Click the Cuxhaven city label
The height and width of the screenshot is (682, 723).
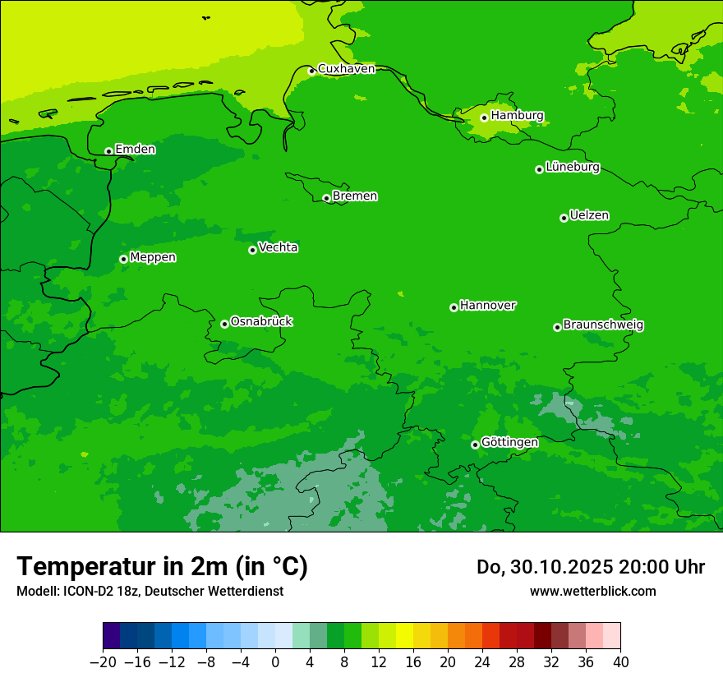tap(346, 69)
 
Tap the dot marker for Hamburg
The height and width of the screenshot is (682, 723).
tap(484, 118)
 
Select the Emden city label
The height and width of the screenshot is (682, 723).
tap(135, 150)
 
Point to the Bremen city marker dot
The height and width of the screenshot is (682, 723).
tap(326, 198)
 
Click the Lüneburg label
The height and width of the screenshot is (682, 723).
tap(573, 168)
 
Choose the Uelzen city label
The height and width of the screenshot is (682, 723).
tap(589, 216)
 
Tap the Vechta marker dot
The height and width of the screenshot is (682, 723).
tap(252, 250)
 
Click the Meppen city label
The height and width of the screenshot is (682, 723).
tap(153, 258)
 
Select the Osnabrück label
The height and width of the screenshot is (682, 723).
tap(261, 322)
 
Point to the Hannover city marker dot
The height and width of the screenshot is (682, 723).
tap(454, 307)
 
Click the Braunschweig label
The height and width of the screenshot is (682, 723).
tap(603, 325)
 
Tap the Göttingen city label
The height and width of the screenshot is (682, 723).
tap(509, 443)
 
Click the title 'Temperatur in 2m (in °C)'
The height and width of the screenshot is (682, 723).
tap(162, 567)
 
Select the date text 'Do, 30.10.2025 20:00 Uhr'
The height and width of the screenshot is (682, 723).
tap(590, 567)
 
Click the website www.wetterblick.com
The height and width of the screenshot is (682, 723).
tap(592, 591)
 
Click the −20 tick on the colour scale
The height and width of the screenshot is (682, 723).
tap(103, 662)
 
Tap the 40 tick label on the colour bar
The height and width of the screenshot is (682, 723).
tap(620, 662)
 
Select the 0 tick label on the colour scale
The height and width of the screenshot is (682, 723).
tap(275, 662)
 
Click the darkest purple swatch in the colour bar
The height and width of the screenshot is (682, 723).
tap(111, 636)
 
